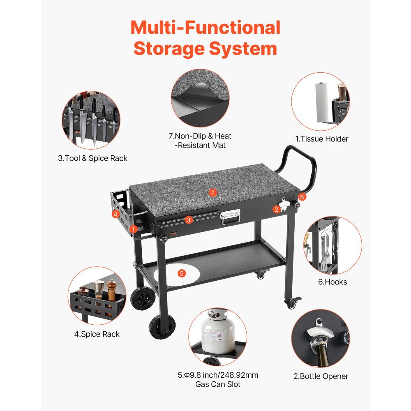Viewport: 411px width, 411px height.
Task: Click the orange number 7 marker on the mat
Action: [212, 192]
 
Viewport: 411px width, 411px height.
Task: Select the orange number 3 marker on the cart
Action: [188, 220]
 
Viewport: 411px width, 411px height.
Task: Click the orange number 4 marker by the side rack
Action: [115, 214]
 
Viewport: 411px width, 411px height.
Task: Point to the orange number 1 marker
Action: [133, 229]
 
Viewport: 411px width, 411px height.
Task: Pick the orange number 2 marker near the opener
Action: [277, 209]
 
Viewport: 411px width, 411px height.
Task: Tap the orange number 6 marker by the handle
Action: [302, 197]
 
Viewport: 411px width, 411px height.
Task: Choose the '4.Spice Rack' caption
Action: [97, 334]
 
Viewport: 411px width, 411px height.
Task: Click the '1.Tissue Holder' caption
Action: [322, 139]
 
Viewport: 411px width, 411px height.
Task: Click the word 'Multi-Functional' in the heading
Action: [205, 28]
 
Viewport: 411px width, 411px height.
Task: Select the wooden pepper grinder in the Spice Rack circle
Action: [112, 290]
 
